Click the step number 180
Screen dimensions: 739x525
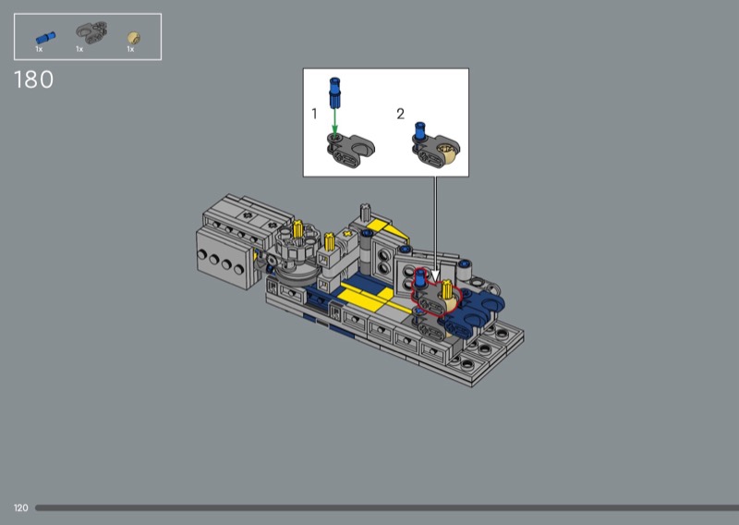(x=33, y=79)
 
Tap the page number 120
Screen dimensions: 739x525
(x=20, y=508)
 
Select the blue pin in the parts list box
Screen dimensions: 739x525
(x=45, y=38)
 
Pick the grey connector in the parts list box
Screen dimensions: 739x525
(x=91, y=32)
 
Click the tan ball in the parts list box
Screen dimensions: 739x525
(x=134, y=38)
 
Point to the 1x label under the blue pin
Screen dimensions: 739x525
(x=39, y=49)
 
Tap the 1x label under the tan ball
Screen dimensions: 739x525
(x=130, y=49)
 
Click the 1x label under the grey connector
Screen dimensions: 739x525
(x=79, y=49)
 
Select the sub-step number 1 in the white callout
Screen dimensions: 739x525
(x=314, y=114)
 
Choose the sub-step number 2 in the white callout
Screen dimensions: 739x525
(x=401, y=114)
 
